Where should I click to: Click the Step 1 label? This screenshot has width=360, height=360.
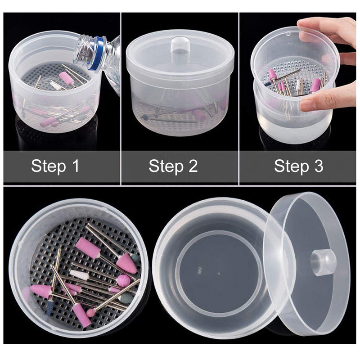point(55,166)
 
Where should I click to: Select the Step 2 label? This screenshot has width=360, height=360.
point(173,166)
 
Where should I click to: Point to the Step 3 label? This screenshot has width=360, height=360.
point(299,166)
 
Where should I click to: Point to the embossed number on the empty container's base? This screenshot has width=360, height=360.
point(199,269)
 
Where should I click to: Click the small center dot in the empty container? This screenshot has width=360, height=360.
point(219,274)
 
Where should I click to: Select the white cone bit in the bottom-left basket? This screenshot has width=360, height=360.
point(80,274)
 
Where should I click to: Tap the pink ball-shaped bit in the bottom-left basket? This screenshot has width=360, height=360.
point(123,280)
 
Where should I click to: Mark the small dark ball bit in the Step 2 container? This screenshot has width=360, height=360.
point(145,117)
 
